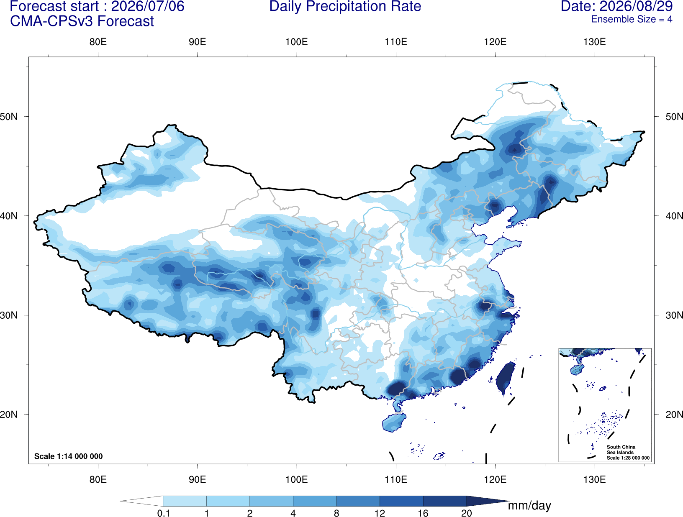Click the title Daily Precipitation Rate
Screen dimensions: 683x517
tap(345, 6)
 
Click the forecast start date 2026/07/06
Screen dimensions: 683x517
tap(147, 6)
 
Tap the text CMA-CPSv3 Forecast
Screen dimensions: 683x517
tap(82, 21)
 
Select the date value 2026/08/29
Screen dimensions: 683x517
tap(636, 6)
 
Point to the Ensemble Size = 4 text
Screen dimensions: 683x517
tap(632, 19)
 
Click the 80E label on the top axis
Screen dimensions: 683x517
tap(98, 42)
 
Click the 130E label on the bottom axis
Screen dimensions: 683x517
tap(595, 479)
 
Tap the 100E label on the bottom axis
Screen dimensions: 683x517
tap(297, 479)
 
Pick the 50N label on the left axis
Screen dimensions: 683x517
tap(9, 117)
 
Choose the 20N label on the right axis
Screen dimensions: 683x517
tap(674, 414)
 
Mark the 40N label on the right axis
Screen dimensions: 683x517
tap(674, 216)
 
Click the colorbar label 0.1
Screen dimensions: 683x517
tap(163, 513)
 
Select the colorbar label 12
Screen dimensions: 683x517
tap(380, 513)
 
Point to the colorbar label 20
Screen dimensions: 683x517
tap(467, 513)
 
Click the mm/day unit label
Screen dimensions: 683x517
tap(529, 506)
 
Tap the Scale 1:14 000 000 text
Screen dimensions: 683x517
tap(69, 456)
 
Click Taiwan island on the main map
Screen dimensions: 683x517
tap(505, 377)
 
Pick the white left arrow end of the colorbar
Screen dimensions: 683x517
tap(141, 501)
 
